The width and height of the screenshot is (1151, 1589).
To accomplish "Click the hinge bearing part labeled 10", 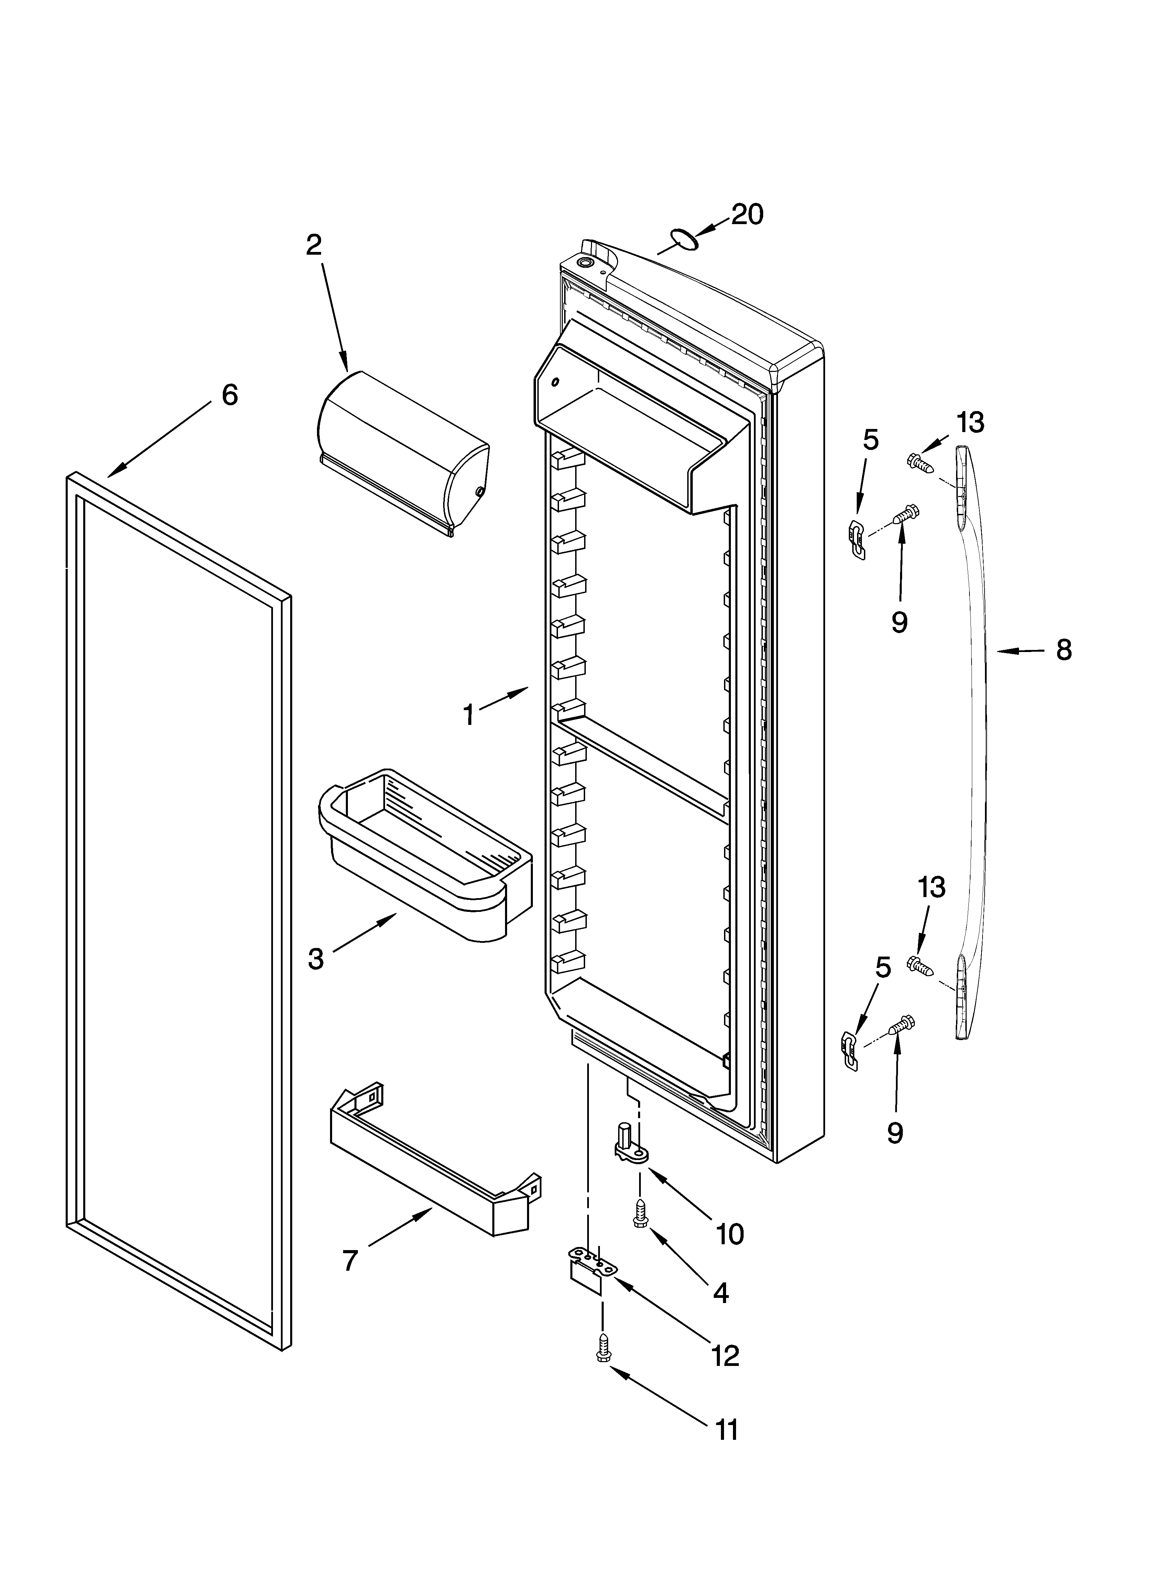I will [x=631, y=1149].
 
